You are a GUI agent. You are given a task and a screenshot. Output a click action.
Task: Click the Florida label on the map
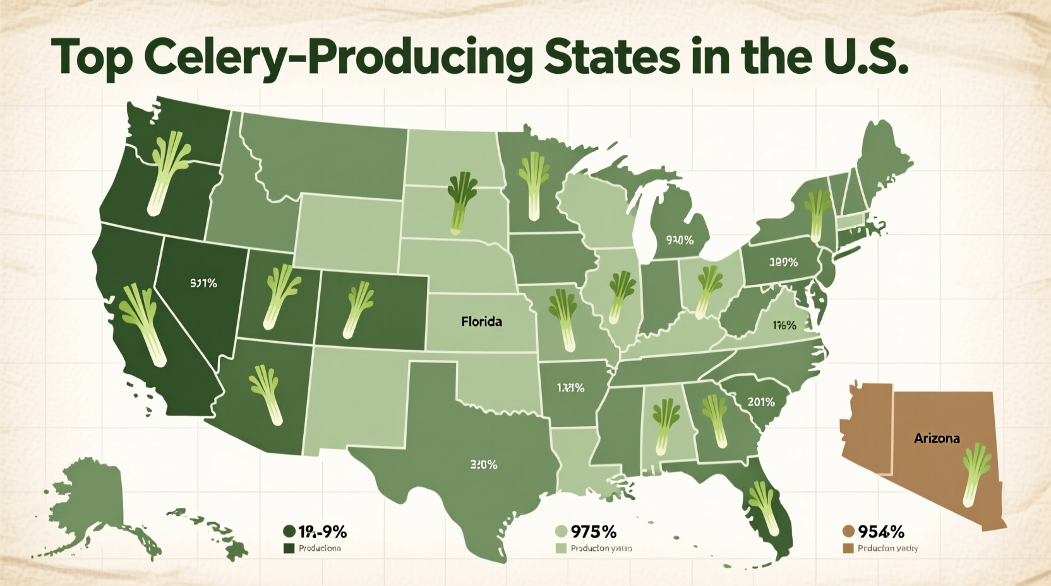[x=481, y=321]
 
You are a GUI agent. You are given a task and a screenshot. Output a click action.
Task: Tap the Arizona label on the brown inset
[x=937, y=438]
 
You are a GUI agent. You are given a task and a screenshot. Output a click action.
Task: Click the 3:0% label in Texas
[x=484, y=465]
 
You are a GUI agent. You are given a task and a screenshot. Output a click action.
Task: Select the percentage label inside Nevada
[x=203, y=284]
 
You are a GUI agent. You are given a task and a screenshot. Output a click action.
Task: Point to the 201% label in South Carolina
[x=760, y=402]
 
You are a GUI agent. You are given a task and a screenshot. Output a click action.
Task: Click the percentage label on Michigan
[x=680, y=240]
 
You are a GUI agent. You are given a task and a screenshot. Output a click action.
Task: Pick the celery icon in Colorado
[x=357, y=309]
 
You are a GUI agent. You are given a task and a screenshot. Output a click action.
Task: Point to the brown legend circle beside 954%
[x=848, y=532]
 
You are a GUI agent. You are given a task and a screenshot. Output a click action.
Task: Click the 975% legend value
[x=593, y=532]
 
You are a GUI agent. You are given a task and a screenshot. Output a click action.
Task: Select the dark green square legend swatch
[x=290, y=548]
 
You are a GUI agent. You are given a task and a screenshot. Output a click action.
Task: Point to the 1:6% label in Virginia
[x=784, y=325]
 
